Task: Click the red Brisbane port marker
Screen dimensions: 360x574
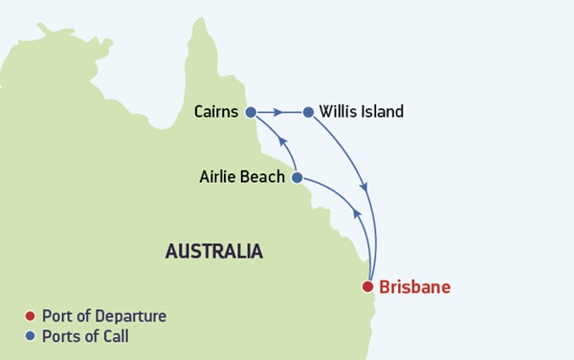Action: click(x=366, y=286)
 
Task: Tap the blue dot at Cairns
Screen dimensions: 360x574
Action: click(x=251, y=112)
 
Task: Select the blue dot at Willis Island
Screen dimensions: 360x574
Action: click(x=308, y=112)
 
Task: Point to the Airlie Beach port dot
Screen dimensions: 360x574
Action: click(x=297, y=177)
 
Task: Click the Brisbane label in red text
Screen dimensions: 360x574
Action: click(x=414, y=286)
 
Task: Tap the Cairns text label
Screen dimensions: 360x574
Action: click(x=217, y=112)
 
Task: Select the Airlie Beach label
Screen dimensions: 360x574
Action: click(x=242, y=177)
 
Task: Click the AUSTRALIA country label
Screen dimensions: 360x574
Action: click(x=213, y=252)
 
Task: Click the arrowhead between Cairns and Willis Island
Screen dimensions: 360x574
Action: click(x=277, y=112)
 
